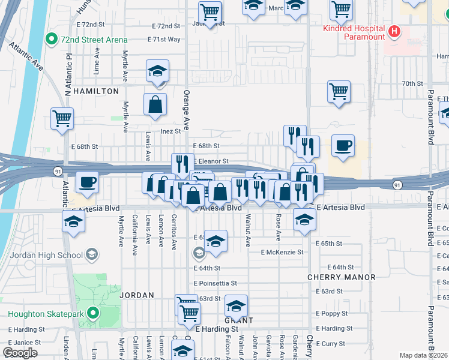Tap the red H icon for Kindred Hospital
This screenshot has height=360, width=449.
click(x=394, y=31)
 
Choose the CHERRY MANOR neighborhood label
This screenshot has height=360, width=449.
click(x=341, y=277)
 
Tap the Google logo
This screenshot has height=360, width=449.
click(x=20, y=353)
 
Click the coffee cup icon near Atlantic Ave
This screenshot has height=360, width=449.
click(x=87, y=182)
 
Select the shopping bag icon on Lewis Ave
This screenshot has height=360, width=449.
click(x=155, y=104)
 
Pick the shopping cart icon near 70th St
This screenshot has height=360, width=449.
click(x=339, y=92)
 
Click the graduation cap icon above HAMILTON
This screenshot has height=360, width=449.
click(x=157, y=71)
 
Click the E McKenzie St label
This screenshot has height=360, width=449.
click(x=282, y=253)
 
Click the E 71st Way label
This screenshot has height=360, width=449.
click(x=164, y=39)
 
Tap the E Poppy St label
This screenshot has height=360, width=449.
click(x=332, y=314)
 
